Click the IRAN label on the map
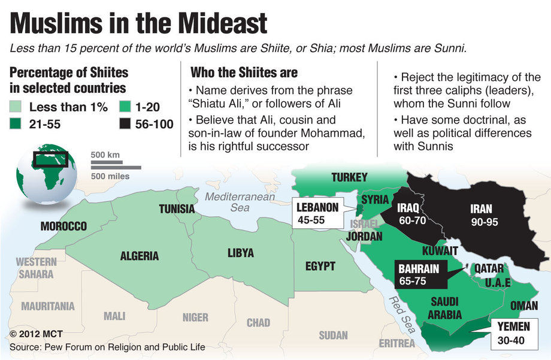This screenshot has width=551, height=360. [x=481, y=209]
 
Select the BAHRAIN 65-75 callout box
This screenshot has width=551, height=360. [x=418, y=274]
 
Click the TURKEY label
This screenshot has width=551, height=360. [x=349, y=177]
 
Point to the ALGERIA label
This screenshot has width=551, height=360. [x=140, y=256]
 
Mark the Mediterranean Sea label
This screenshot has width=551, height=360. [x=239, y=202]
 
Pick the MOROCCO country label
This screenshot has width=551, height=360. [x=63, y=226]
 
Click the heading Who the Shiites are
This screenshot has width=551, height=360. [x=244, y=72]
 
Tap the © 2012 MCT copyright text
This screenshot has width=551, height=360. [x=36, y=333]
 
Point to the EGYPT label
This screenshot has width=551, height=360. [x=320, y=266]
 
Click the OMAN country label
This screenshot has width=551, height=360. [x=523, y=305]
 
